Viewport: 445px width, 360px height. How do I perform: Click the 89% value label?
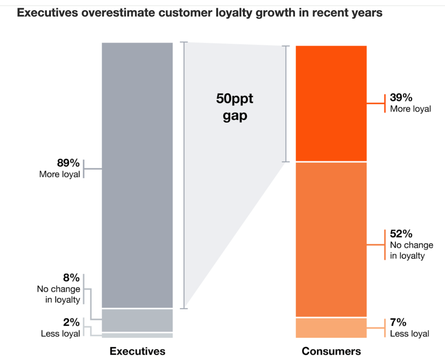tap(68, 163)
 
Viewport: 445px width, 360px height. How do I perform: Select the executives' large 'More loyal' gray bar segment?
tap(137, 175)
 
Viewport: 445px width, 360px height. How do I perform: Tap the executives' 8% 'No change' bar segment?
tap(137, 320)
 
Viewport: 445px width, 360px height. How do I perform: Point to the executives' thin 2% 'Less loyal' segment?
tap(137, 335)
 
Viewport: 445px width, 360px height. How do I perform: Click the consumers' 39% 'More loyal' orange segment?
tap(331, 103)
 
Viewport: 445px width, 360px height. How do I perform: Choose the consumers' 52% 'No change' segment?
tap(331, 240)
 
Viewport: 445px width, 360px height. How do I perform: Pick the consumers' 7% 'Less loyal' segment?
tap(331, 328)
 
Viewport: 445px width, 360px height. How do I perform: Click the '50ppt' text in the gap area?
tap(234, 99)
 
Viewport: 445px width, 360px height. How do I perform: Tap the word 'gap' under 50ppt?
tap(235, 116)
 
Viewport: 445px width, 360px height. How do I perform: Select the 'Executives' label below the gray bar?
tap(137, 351)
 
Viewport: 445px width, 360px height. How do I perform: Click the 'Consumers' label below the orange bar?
tap(331, 351)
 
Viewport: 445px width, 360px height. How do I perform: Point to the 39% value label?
tap(401, 97)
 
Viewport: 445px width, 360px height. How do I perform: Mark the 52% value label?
tap(401, 234)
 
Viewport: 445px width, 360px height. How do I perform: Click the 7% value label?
tap(398, 322)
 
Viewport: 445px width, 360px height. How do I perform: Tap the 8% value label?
tap(71, 278)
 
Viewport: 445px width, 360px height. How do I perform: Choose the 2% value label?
tap(71, 322)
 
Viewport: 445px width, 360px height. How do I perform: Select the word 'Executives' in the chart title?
tap(47, 13)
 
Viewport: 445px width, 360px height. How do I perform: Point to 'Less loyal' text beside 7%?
tap(410, 334)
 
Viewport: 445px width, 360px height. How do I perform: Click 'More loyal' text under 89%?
tap(60, 174)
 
